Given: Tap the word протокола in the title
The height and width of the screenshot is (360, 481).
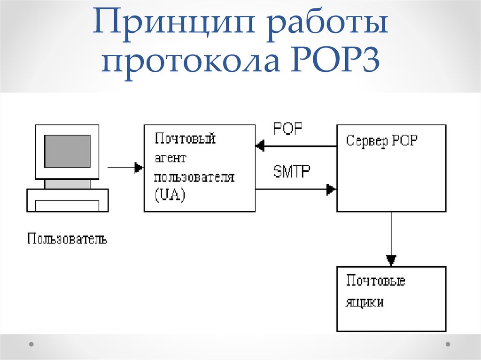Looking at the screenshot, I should point(188,63).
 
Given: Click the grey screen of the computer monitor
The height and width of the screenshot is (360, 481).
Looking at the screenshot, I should point(67,151).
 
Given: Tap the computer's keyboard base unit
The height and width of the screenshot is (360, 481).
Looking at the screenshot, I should point(68,201).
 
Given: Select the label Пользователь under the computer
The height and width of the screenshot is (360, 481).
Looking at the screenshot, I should point(67,239).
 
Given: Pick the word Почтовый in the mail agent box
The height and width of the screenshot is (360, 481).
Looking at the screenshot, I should point(185,139).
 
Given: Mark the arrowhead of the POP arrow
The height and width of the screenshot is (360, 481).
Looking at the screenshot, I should point(260,146).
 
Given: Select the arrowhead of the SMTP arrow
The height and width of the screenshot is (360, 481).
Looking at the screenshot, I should point(332,190).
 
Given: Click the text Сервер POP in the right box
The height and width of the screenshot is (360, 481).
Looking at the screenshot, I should point(381,140).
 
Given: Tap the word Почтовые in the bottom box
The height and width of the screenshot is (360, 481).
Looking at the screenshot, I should point(375,281).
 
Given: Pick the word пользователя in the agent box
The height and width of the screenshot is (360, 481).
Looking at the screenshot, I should point(194,177).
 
